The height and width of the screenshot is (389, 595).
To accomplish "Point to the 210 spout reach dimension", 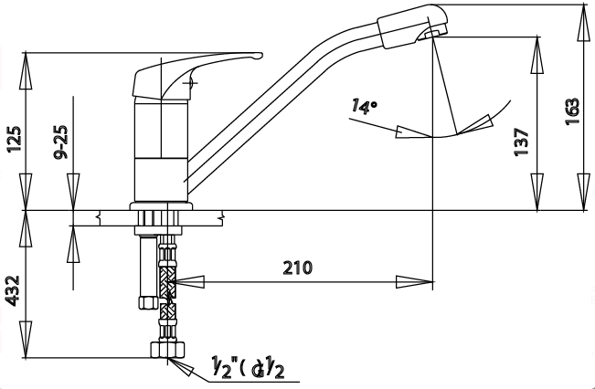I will [297, 268].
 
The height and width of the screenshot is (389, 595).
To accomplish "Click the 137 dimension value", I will [522, 143].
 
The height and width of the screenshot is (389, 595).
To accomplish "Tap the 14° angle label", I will [365, 107].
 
